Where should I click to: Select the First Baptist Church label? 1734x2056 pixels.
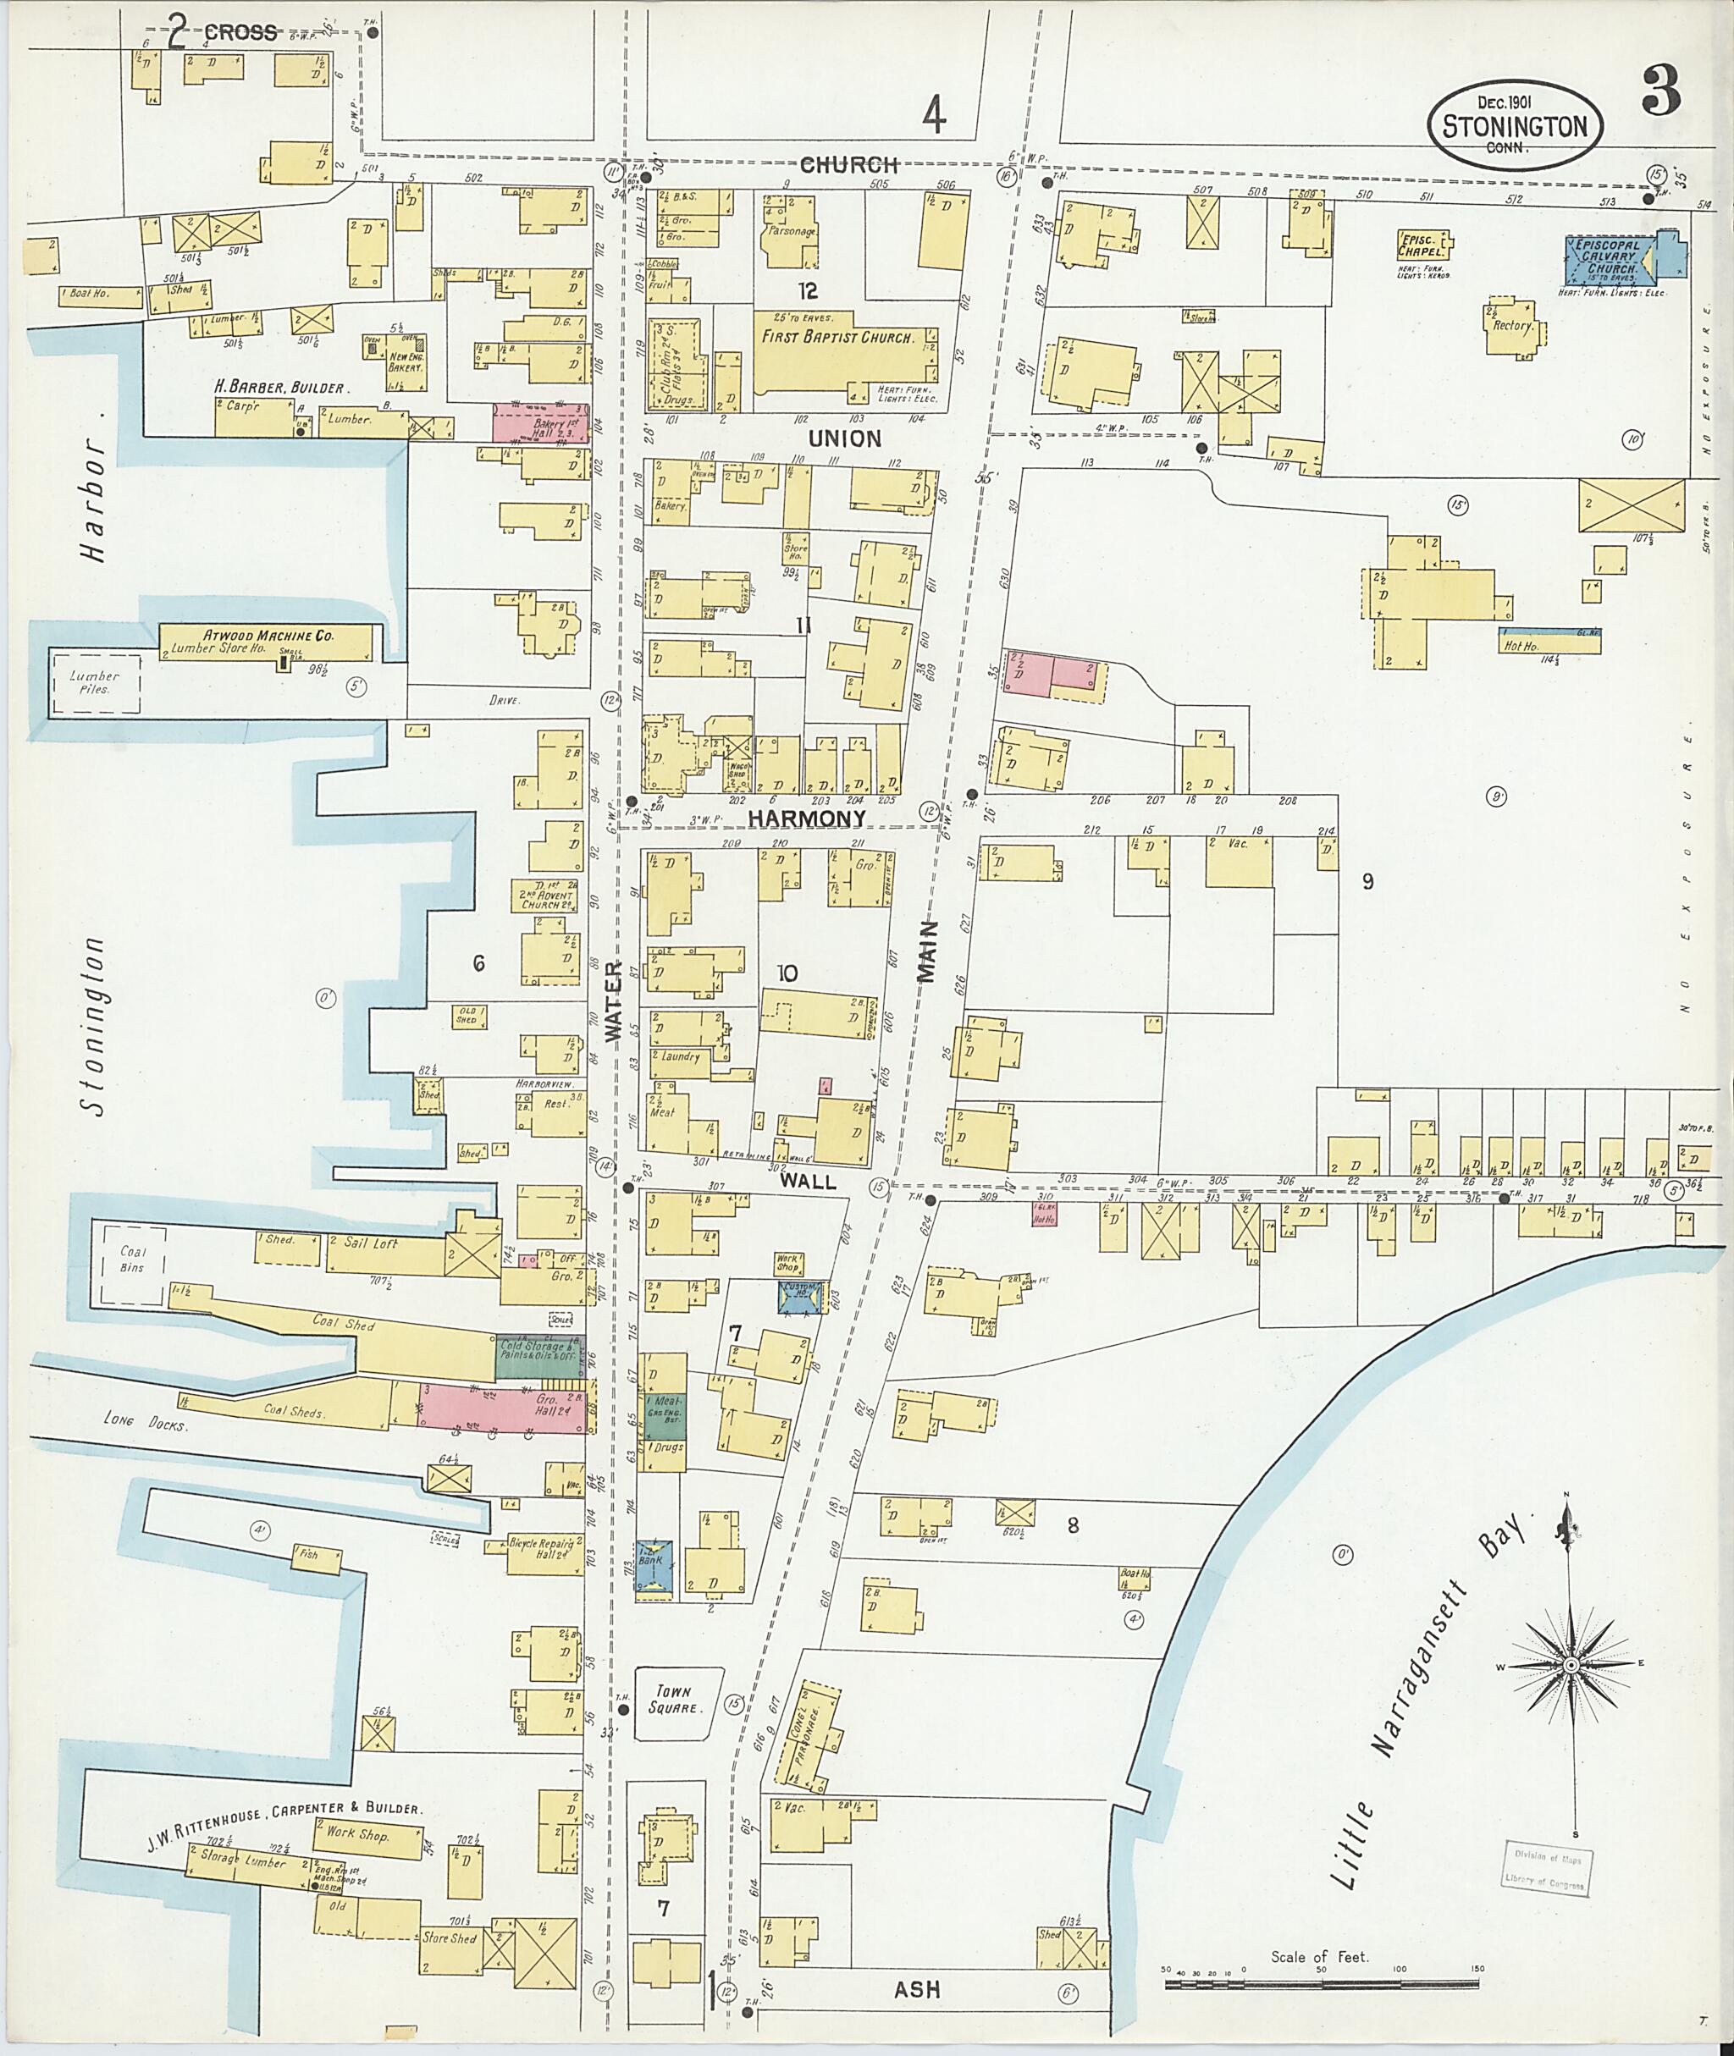(x=837, y=337)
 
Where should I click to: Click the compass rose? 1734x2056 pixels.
(x=1571, y=1667)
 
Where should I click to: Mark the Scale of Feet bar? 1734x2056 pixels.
(x=1323, y=1984)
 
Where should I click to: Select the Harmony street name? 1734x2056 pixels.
(x=807, y=818)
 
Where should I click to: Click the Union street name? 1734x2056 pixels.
(x=844, y=438)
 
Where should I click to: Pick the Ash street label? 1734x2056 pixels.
(x=916, y=1989)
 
